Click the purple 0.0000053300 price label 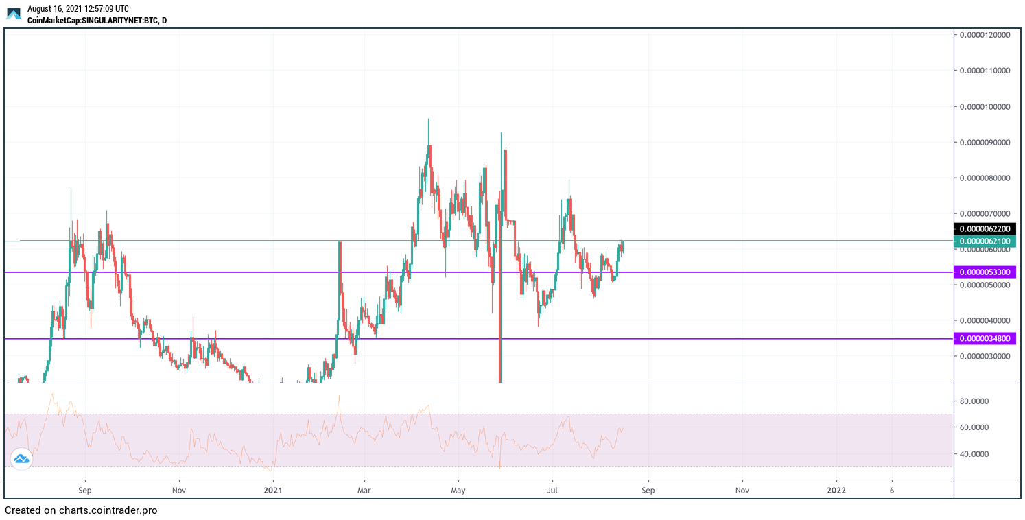(985, 272)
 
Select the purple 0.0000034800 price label (985, 338)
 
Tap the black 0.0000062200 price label (985, 228)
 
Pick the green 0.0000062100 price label (985, 241)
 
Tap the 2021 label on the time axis (272, 491)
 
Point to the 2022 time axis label (836, 491)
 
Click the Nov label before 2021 (178, 491)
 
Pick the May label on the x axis (458, 491)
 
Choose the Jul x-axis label (552, 491)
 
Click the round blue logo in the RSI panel (21, 459)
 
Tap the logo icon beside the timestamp (14, 14)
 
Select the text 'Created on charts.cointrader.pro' (81, 511)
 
